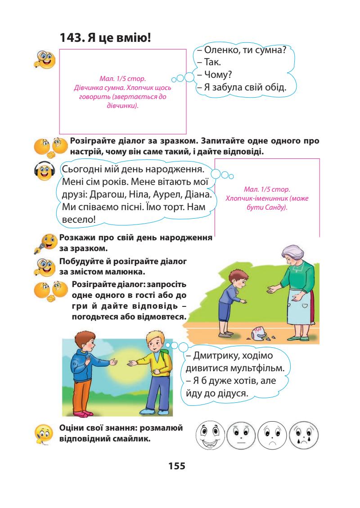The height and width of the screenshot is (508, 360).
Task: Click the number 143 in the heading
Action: pos(71,39)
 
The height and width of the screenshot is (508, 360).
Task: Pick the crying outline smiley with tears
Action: pos(303,435)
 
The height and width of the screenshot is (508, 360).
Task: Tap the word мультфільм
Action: pos(255,369)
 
